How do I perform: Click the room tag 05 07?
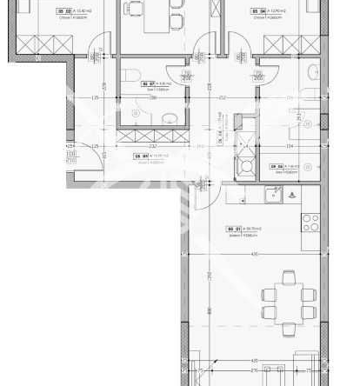[x=148, y=83]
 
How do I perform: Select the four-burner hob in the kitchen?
[x=310, y=221]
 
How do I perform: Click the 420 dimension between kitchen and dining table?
[x=255, y=254]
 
